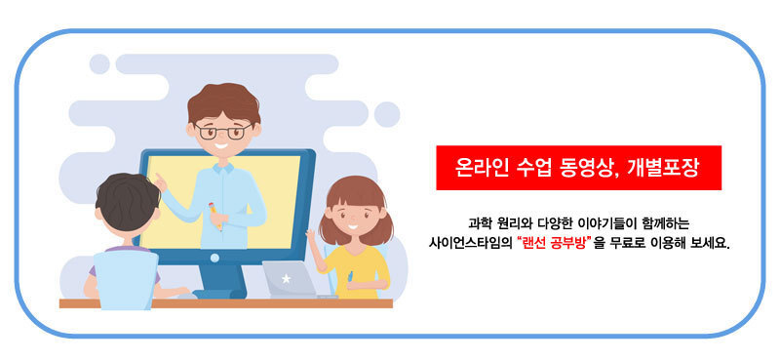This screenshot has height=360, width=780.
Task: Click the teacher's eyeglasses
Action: tap(223, 132)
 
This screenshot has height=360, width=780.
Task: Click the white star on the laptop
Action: tap(286, 279)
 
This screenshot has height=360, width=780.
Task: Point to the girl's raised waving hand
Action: tap(311, 235)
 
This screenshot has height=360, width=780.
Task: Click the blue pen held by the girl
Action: tap(350, 276)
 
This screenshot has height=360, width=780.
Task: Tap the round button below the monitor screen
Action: tap(214, 258)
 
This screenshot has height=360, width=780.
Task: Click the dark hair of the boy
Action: tap(128, 201)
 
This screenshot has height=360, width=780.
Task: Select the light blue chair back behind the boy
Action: tap(126, 279)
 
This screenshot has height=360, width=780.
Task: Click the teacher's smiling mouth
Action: tap(221, 146)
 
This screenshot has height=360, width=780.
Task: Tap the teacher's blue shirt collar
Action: tap(223, 168)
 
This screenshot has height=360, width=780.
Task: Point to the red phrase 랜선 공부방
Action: tap(553, 245)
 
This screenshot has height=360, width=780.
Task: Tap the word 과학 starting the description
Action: tap(477, 221)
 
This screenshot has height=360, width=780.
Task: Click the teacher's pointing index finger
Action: tap(157, 178)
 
